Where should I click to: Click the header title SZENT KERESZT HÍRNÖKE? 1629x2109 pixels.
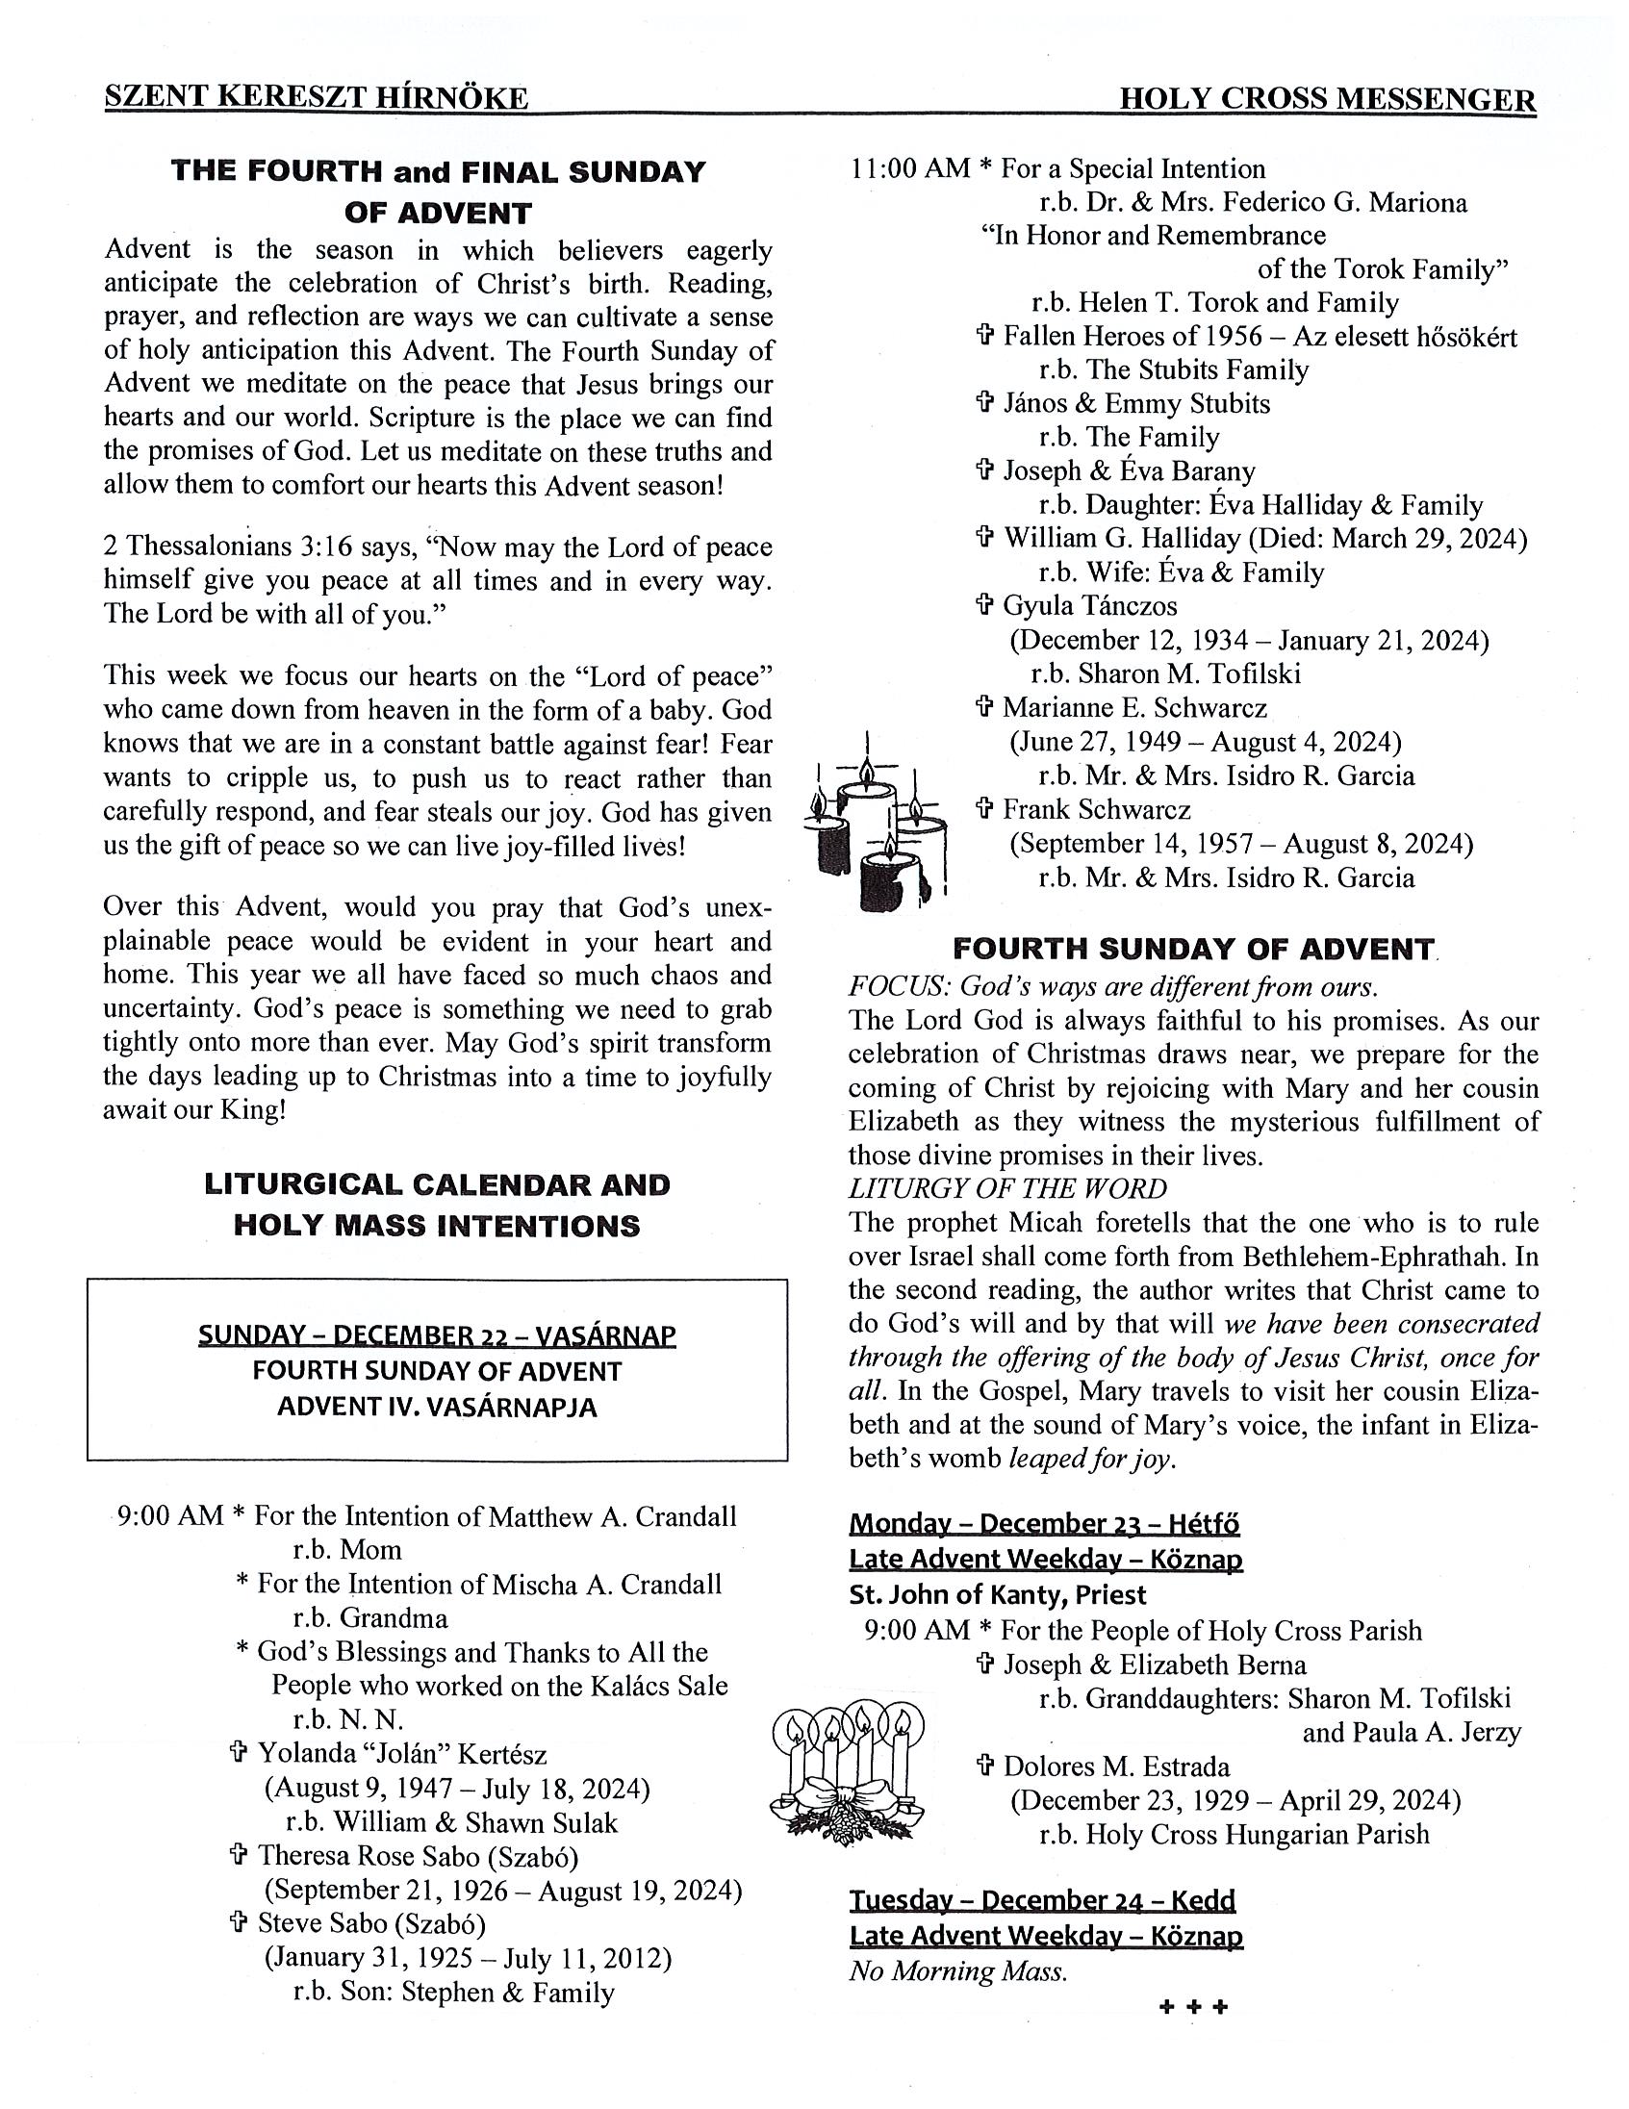click(316, 98)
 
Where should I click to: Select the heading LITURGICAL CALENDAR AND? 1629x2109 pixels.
click(437, 1184)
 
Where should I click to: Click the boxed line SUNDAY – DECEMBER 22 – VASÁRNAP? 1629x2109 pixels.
click(437, 1335)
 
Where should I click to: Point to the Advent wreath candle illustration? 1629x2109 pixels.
click(847, 1766)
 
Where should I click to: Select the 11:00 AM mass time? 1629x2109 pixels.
click(909, 169)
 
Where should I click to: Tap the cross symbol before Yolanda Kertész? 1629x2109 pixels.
click(239, 1754)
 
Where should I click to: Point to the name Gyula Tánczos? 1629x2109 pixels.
click(1090, 606)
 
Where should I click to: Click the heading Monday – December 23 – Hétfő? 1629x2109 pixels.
click(1044, 1524)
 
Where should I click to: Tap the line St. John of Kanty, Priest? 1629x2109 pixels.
click(998, 1594)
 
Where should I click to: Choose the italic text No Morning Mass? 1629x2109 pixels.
click(958, 1970)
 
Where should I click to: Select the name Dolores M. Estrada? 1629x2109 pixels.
click(1116, 1767)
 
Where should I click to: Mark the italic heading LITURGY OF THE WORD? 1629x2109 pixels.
click(1007, 1189)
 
